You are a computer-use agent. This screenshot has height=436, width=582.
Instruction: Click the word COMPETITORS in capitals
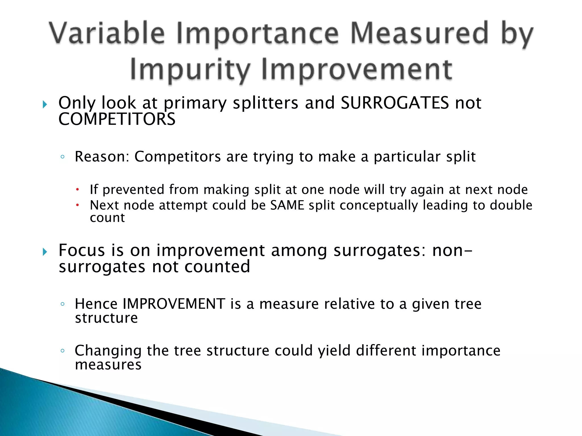[x=117, y=119]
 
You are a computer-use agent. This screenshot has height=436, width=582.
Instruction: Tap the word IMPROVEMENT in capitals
[x=174, y=304]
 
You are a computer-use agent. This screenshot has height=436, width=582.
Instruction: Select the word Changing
[x=108, y=351]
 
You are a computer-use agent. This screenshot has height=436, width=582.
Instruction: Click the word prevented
[x=133, y=190]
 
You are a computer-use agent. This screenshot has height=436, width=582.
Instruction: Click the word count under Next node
[x=107, y=218]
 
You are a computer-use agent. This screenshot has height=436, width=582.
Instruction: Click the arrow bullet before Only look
[x=45, y=104]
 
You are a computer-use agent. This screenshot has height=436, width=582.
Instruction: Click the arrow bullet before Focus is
[x=45, y=252]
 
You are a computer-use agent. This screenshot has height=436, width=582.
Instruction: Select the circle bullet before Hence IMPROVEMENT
[x=63, y=304]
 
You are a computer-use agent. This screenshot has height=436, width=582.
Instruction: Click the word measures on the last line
[x=108, y=365]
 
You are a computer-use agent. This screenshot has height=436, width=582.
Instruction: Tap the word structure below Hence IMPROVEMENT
[x=106, y=318]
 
